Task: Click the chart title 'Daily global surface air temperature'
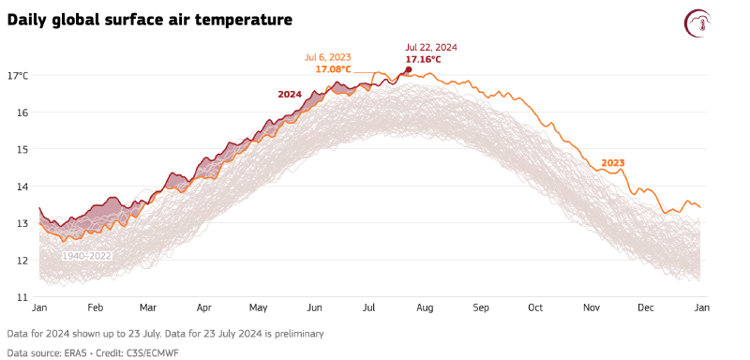tap(149, 20)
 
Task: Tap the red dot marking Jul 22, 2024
tap(408, 69)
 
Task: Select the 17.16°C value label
tap(423, 59)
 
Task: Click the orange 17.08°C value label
tap(333, 69)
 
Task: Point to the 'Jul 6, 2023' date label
tap(327, 57)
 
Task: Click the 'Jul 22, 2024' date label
tap(431, 47)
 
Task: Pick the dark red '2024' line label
tap(290, 94)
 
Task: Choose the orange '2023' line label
tap(612, 163)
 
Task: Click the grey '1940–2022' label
tap(86, 255)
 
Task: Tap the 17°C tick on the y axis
tap(18, 75)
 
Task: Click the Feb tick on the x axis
tap(95, 307)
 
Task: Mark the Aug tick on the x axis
tap(424, 307)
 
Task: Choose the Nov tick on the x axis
tap(591, 307)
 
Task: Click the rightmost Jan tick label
tap(700, 307)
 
